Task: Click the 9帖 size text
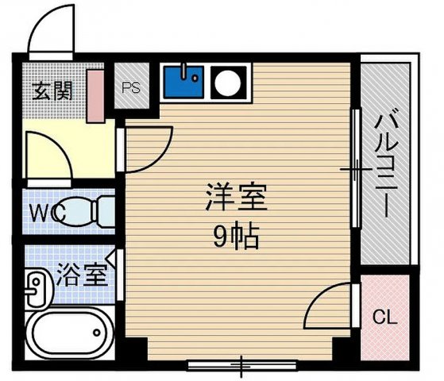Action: pos(236,236)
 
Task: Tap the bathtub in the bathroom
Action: pos(67,337)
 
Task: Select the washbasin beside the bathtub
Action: pos(36,290)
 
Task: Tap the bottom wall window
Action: pos(241,365)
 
